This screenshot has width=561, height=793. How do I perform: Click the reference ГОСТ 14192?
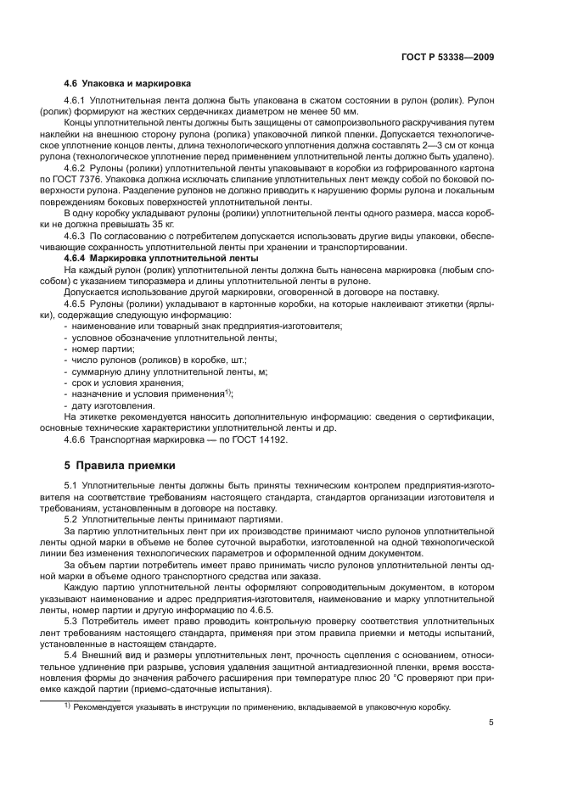(x=261, y=439)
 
